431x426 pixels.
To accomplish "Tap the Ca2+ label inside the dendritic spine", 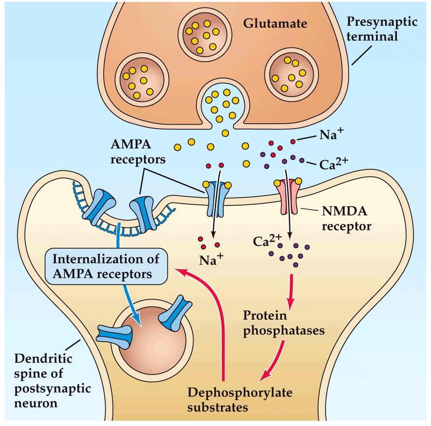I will coord(267,242).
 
